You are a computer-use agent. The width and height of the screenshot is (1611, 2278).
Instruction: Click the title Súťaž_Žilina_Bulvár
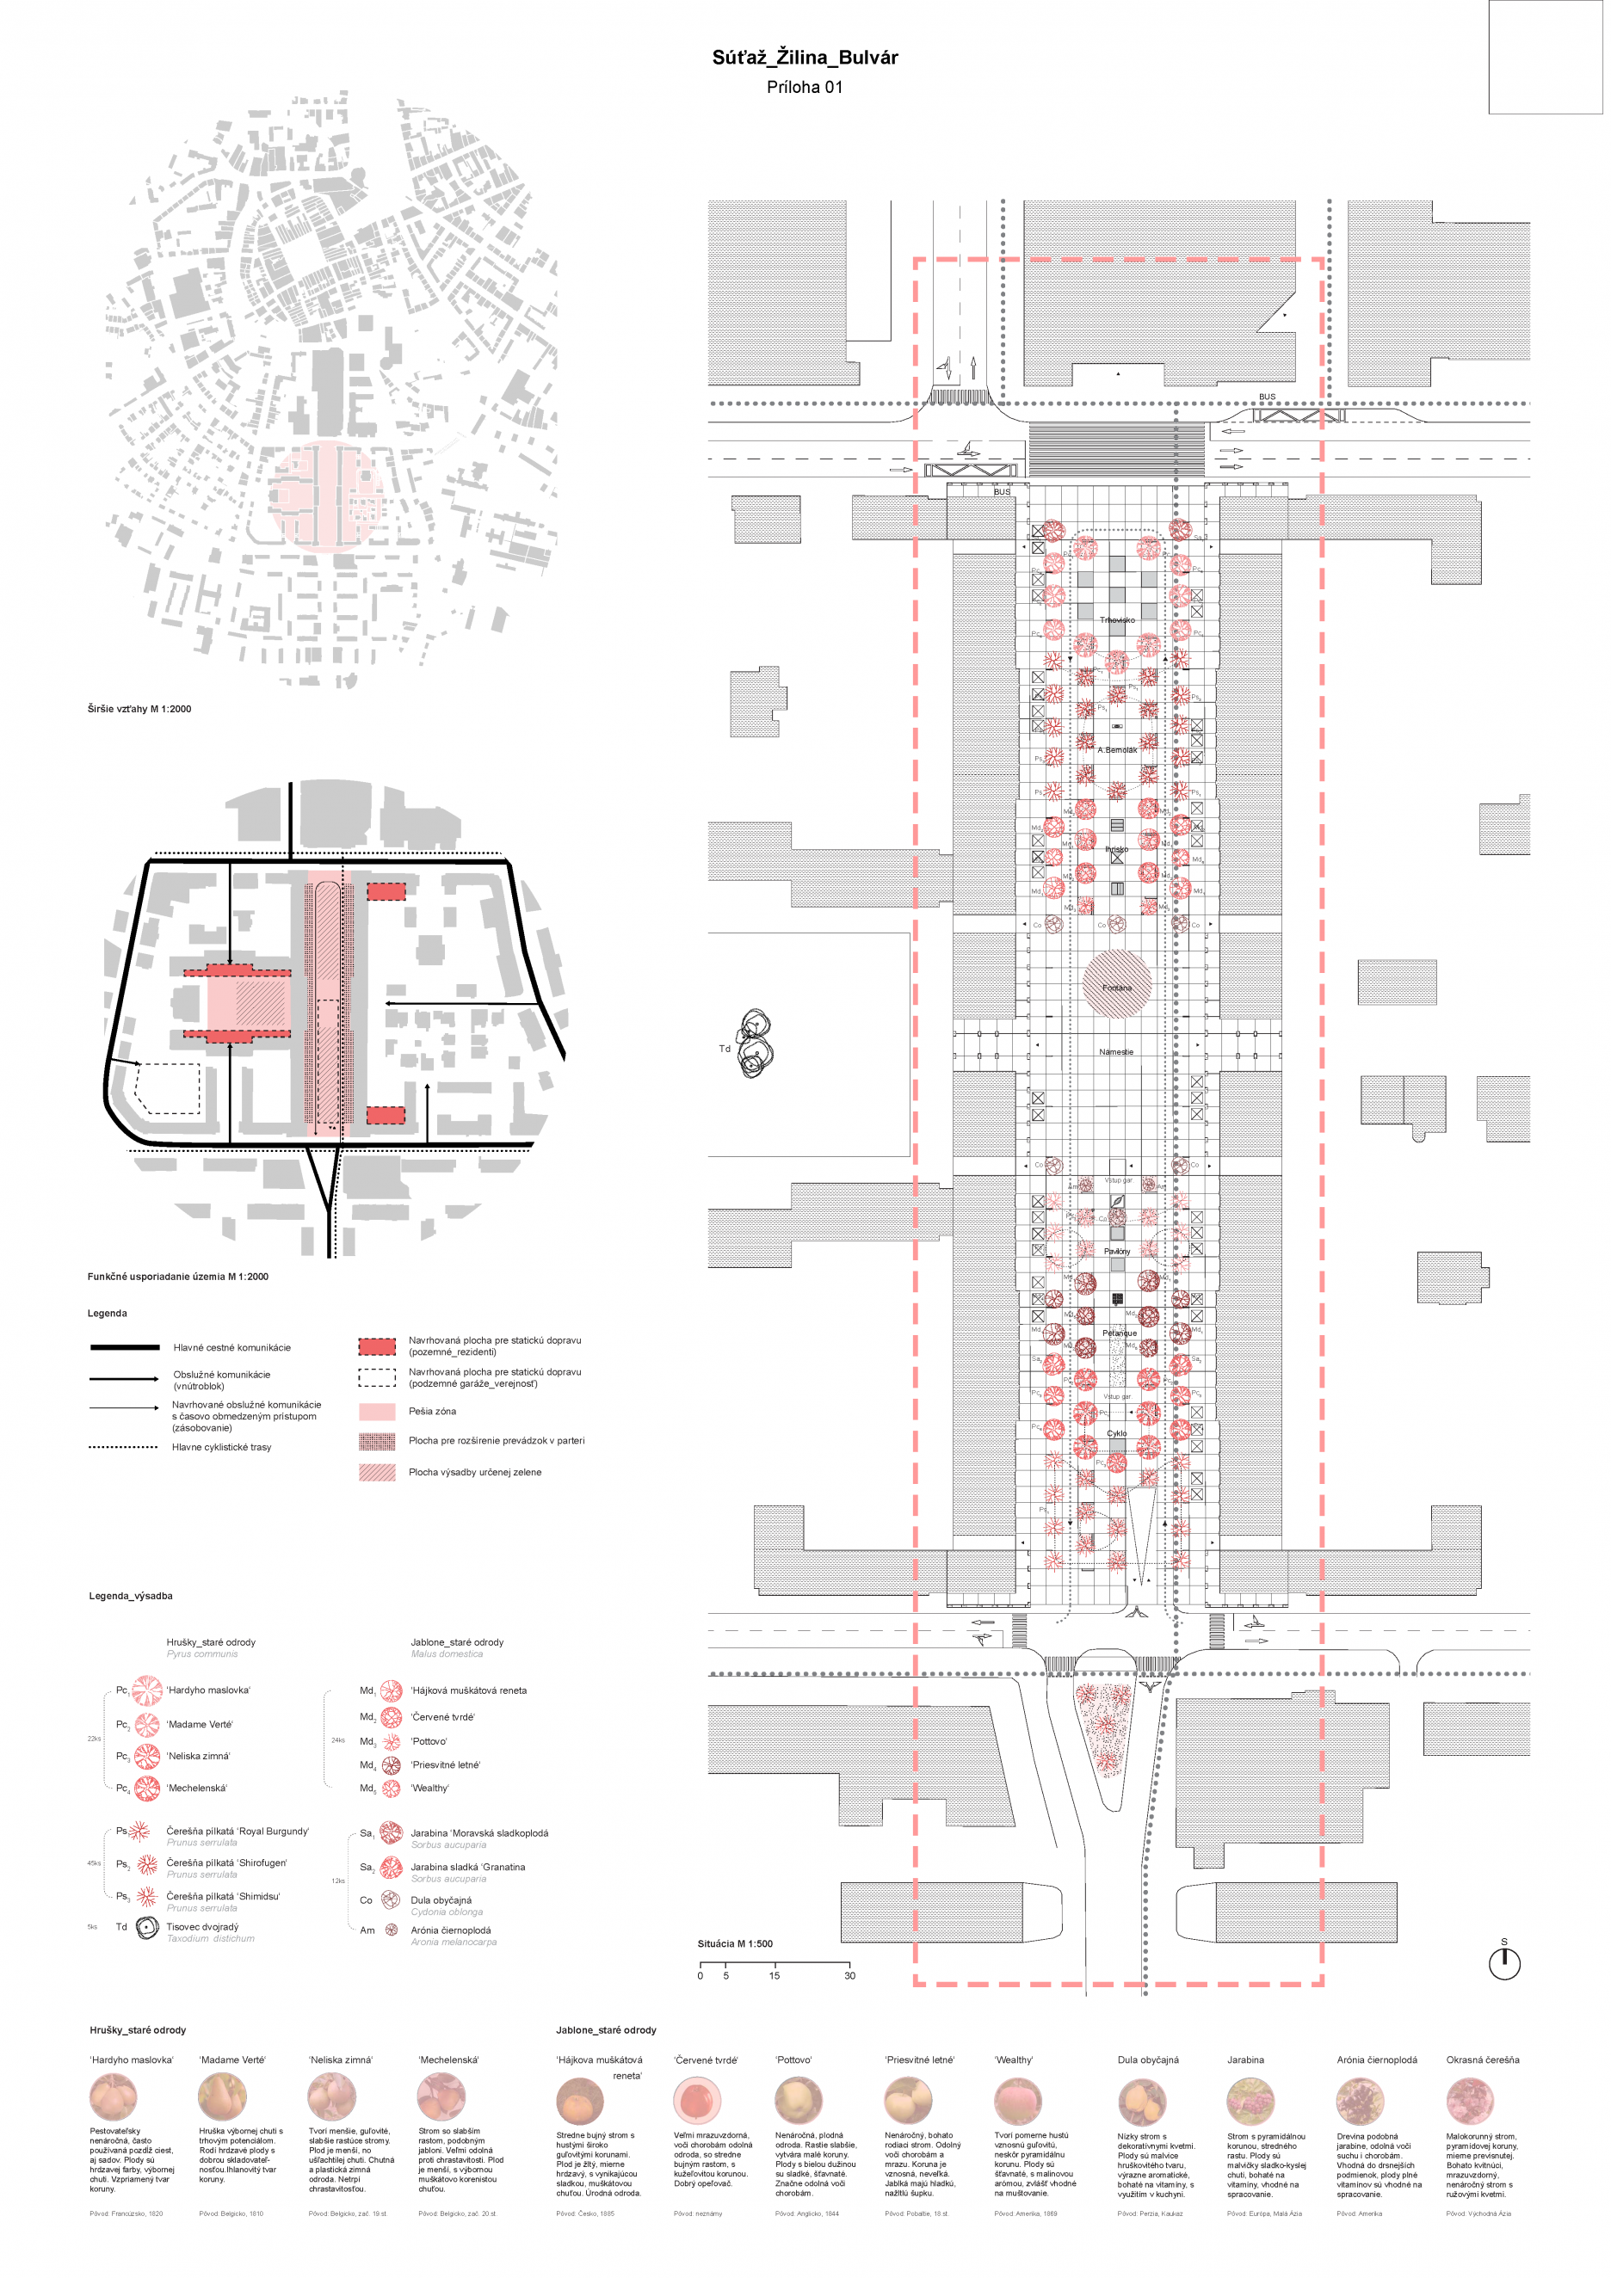click(804, 58)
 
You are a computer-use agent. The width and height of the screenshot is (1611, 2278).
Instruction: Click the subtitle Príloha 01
click(804, 87)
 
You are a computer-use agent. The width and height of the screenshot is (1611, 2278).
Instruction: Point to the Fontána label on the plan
click(1117, 988)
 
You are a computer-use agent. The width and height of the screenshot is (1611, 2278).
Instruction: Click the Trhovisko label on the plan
click(1117, 620)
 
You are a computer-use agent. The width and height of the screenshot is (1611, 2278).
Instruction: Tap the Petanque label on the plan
click(1120, 1333)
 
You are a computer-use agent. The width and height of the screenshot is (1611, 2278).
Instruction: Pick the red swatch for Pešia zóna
click(376, 1411)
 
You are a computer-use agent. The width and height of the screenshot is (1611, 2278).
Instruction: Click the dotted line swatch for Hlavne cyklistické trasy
click(123, 1447)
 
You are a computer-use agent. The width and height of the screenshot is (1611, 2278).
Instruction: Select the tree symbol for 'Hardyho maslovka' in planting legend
click(148, 1690)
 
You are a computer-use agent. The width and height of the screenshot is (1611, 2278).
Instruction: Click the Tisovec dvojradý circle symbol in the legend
click(147, 1927)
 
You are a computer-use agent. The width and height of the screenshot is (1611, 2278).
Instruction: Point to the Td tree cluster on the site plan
click(755, 1044)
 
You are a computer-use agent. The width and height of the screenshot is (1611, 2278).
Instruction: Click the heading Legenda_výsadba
click(131, 1596)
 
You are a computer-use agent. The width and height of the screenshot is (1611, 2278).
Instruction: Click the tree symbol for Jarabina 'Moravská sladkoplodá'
click(391, 1832)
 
